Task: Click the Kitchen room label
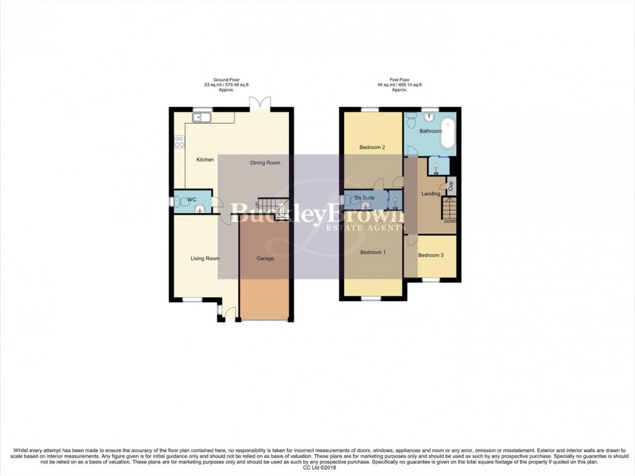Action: click(x=205, y=160)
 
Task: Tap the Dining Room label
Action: click(x=265, y=163)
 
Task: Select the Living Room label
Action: click(x=205, y=259)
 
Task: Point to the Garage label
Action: click(x=265, y=259)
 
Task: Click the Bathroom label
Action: click(x=430, y=131)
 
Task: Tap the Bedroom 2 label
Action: click(x=373, y=148)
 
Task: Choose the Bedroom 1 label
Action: click(x=373, y=252)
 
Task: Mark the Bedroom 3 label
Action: click(x=431, y=255)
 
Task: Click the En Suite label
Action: click(x=364, y=198)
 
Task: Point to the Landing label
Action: click(x=431, y=193)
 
